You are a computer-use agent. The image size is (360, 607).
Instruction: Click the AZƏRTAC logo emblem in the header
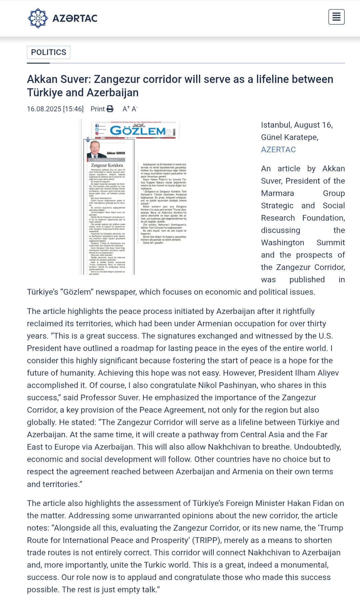coord(38,18)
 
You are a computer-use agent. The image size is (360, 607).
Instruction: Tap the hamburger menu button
coord(336,17)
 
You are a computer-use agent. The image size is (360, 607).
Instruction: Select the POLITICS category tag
coord(49,52)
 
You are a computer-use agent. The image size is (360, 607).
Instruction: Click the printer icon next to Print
coord(110,109)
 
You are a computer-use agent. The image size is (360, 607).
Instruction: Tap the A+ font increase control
coord(126,109)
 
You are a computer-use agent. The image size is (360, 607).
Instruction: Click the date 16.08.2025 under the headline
coord(44,109)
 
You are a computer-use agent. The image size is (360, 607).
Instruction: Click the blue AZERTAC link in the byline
coord(278,150)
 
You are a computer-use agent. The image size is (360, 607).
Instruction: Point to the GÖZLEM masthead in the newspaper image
coord(138,131)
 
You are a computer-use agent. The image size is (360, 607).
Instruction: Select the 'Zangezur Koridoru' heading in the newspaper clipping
coord(107,165)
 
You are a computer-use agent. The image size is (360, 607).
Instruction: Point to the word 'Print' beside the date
coord(98,109)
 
